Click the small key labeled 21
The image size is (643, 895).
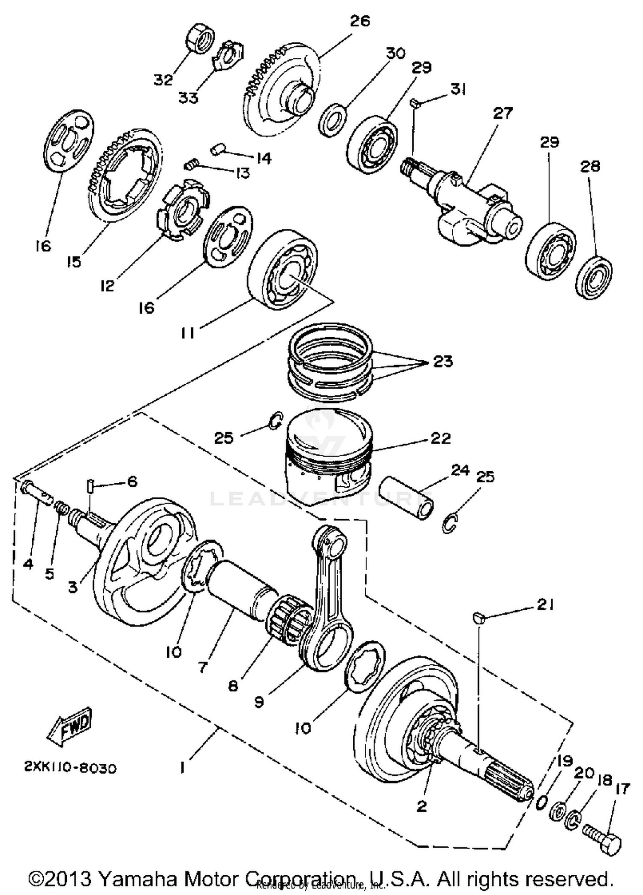(x=478, y=617)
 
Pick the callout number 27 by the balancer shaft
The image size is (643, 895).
(x=502, y=113)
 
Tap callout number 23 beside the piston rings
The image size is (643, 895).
(x=443, y=361)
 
